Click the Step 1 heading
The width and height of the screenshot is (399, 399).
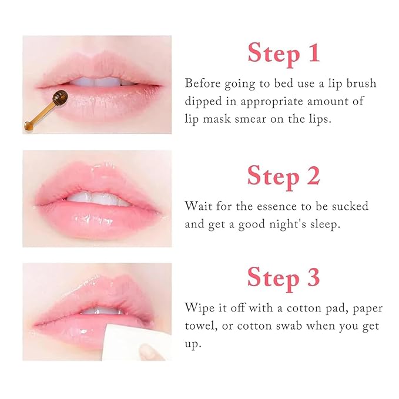(x=284, y=53)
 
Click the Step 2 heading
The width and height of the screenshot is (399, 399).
(x=284, y=176)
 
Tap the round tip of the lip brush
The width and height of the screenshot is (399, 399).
(x=59, y=96)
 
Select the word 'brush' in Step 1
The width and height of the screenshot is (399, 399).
(x=358, y=83)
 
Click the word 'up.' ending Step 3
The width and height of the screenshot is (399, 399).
(x=193, y=343)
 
